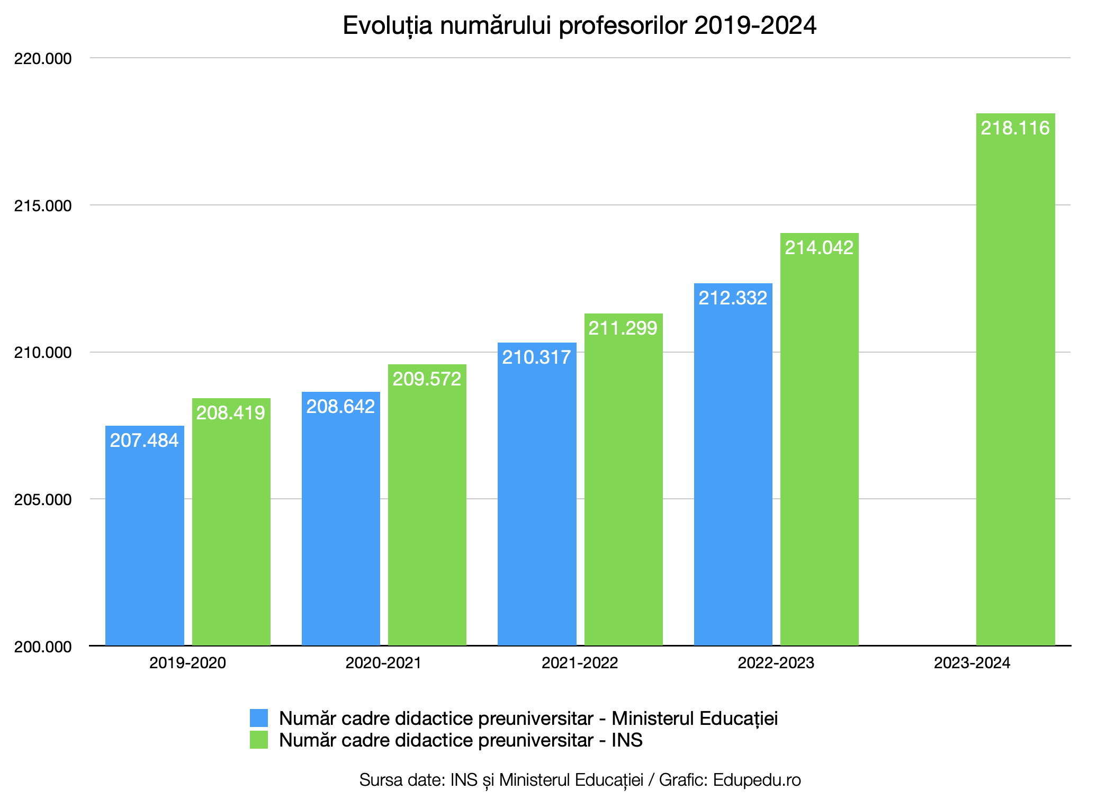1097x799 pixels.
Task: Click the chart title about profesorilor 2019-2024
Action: [580, 26]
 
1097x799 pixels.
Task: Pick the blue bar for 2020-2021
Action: [341, 529]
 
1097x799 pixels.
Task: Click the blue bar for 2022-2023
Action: [733, 477]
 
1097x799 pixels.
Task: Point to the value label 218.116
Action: [1015, 128]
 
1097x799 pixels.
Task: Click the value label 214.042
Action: [819, 248]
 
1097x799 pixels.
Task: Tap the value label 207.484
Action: [144, 441]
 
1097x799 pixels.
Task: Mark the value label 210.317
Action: [536, 357]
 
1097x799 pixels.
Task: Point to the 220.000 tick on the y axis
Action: [43, 59]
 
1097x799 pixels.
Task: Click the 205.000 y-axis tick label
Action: [43, 500]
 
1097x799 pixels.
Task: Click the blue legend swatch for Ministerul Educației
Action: [259, 719]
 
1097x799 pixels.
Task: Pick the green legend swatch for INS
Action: [259, 740]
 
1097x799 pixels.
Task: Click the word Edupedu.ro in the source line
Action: [757, 780]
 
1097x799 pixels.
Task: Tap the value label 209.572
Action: [427, 379]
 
